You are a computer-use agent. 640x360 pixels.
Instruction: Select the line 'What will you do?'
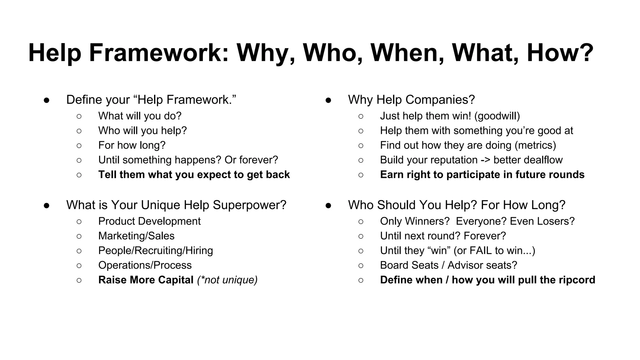[140, 116]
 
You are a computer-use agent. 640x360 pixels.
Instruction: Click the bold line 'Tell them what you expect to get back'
[194, 174]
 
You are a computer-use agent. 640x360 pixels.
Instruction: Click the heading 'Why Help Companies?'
[411, 100]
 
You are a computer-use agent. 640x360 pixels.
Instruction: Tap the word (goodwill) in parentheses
[497, 116]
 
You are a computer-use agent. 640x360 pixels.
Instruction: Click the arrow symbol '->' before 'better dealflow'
[485, 160]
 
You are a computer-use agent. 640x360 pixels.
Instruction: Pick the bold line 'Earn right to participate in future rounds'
[482, 174]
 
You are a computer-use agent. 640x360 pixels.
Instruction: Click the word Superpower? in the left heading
[249, 205]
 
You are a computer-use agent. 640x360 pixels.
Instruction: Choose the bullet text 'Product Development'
[149, 221]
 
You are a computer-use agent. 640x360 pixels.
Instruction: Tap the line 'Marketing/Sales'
[136, 236]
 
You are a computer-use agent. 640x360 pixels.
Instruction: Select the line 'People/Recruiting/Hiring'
[155, 251]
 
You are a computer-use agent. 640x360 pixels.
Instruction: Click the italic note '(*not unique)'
[227, 280]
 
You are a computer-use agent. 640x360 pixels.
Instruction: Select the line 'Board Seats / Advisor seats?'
[448, 265]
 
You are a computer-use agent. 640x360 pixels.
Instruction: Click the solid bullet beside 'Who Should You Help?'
[328, 205]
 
